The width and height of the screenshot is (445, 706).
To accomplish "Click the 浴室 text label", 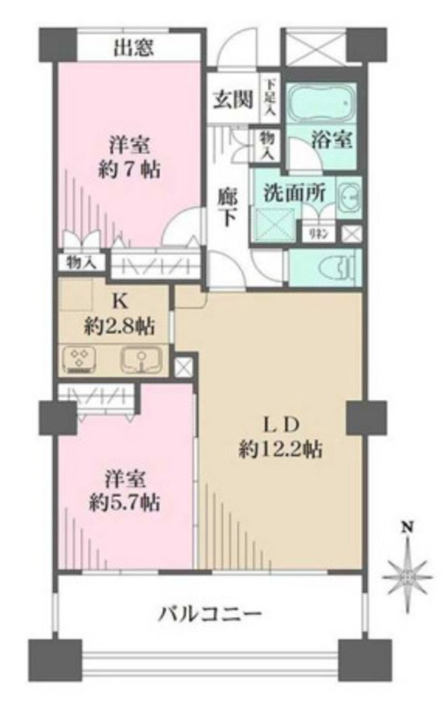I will pyautogui.click(x=332, y=140).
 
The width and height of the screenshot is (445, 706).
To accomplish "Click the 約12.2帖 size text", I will pyautogui.click(x=280, y=452).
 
